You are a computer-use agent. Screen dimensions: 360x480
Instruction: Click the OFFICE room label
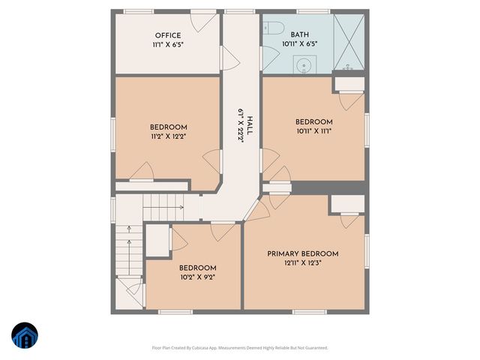coord(168,35)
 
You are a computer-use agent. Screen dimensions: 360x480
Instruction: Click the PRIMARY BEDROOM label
coord(302,253)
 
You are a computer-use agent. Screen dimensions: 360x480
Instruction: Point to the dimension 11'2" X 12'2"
coord(168,137)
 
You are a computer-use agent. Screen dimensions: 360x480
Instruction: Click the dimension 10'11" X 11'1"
coord(313,131)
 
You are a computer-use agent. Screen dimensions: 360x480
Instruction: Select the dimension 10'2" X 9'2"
coord(197,277)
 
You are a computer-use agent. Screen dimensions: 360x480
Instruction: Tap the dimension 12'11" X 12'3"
coord(302,263)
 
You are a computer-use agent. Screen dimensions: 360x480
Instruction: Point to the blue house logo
coord(24,336)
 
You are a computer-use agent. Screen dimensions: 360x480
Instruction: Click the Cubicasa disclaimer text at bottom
coord(240,347)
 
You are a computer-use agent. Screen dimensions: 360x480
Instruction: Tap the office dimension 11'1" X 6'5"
coord(168,44)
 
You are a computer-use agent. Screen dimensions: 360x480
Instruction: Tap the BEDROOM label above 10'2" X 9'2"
coord(197,268)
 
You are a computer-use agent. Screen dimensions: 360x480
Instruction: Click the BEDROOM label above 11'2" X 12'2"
coord(168,127)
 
